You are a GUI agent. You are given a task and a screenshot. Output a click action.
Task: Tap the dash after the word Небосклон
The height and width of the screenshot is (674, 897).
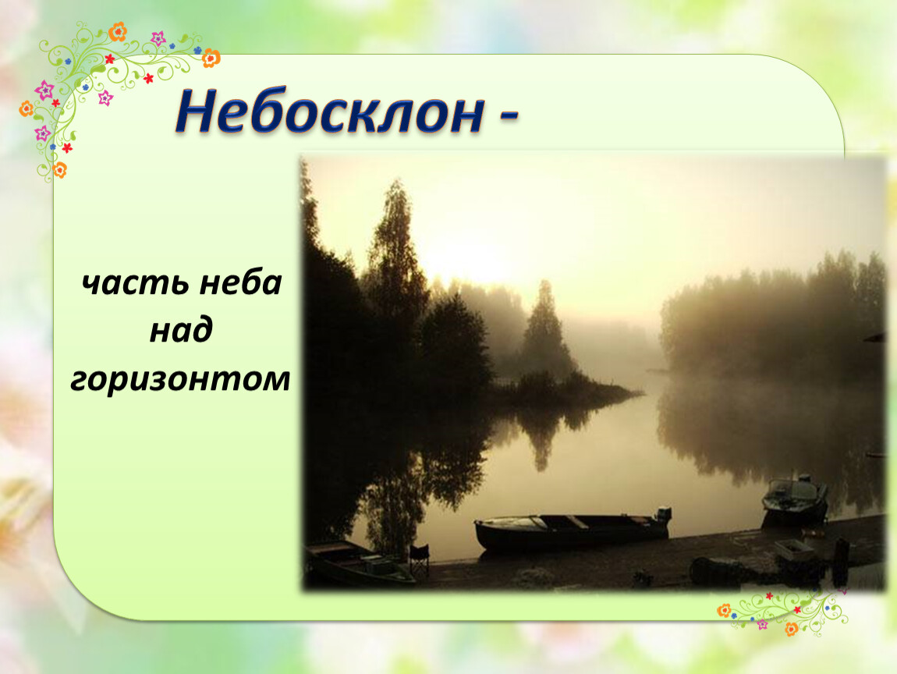[509, 116]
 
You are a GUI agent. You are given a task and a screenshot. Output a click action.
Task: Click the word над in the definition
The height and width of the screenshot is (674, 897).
[181, 330]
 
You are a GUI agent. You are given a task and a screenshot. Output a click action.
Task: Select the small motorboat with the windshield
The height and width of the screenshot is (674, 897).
[795, 499]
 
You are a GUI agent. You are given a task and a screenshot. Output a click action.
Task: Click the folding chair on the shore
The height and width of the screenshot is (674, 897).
[419, 559]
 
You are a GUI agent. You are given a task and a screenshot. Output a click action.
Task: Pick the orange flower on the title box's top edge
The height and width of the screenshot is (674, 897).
[211, 58]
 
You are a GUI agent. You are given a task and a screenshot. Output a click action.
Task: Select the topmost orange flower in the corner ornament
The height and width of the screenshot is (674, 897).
[118, 31]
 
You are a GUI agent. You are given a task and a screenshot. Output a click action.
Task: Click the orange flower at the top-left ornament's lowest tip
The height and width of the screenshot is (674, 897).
[59, 170]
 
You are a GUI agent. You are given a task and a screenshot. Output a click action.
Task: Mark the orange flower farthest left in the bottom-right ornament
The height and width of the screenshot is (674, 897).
[725, 611]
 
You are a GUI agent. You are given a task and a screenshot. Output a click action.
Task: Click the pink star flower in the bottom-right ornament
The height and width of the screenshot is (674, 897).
[762, 624]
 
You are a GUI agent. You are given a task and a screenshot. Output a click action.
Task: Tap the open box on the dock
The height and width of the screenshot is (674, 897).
[795, 549]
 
